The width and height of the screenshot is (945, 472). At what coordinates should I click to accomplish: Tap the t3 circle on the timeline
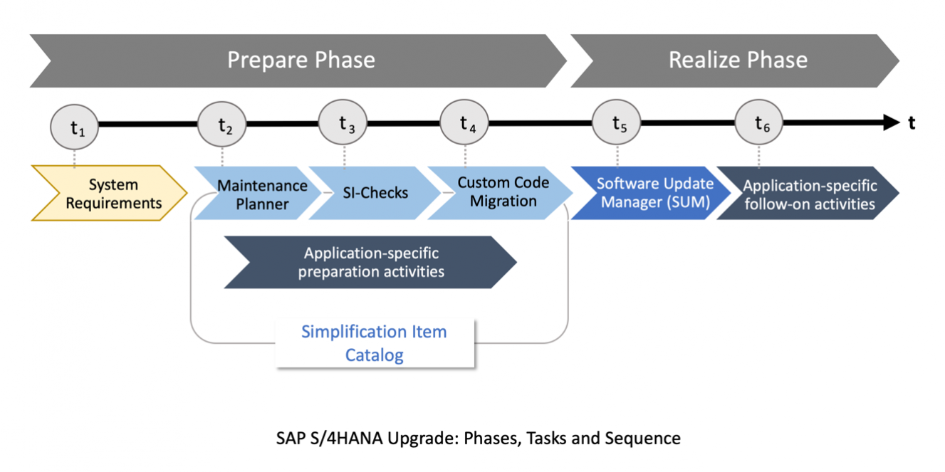point(344,123)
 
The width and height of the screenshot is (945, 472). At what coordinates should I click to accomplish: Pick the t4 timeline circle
point(465,123)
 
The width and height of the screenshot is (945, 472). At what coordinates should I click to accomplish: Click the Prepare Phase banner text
point(301,60)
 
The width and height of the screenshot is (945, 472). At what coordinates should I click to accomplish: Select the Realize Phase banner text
point(738,60)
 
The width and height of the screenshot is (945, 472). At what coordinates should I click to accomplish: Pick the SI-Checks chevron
point(375,193)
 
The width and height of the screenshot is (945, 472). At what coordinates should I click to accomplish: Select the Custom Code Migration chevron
point(503,192)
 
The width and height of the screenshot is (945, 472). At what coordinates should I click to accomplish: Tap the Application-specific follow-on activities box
point(809,194)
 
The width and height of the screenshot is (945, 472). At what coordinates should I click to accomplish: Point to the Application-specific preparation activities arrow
point(370,262)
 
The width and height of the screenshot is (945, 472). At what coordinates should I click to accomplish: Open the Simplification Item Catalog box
point(375,343)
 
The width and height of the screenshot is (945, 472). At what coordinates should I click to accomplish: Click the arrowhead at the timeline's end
point(892,123)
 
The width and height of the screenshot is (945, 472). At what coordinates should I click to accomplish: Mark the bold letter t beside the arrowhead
point(912,123)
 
